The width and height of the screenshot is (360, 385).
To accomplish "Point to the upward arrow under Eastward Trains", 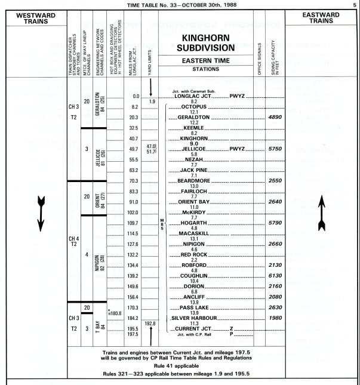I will [x=321, y=212].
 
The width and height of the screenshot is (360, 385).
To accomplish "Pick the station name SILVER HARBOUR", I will [x=197, y=318].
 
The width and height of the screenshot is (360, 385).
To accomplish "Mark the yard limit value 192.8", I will [x=150, y=324].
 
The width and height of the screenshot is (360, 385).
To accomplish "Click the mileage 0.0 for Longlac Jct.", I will [x=135, y=96].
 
